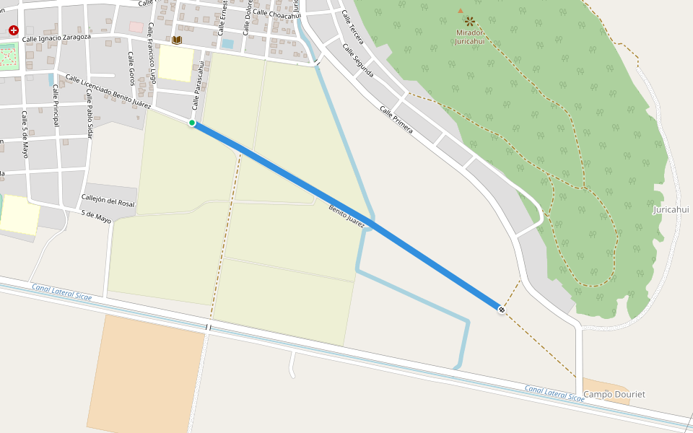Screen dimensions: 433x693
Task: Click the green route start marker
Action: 192,123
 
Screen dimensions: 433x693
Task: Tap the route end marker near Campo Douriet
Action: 501,310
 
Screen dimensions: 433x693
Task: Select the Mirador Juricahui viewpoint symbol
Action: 470,22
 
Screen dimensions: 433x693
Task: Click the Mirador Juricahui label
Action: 470,37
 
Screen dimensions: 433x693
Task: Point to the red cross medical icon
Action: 13,30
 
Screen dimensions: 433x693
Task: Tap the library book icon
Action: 177,40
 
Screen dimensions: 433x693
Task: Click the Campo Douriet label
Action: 614,394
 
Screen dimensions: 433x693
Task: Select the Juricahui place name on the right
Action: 671,209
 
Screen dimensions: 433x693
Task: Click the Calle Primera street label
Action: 396,120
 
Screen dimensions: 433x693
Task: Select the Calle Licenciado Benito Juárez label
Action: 108,91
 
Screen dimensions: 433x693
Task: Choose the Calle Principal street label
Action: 56,106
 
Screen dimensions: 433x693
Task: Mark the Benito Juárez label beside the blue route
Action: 346,213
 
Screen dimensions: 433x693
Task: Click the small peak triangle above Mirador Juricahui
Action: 461,11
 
